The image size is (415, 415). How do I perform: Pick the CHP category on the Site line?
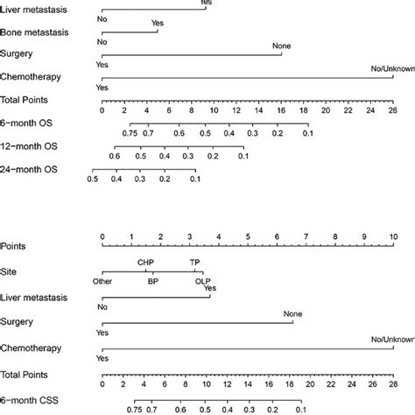[x=146, y=261]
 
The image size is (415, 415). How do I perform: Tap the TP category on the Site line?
[x=194, y=261]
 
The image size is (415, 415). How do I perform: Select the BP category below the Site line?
[x=152, y=282]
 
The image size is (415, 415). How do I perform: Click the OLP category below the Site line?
[x=203, y=282]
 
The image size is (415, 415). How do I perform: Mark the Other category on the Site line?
[x=102, y=282]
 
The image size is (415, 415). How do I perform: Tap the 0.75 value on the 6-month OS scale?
[x=130, y=133]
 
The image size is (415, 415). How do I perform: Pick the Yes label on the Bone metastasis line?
[x=157, y=22]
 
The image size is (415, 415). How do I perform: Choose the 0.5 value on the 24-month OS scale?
[x=93, y=179]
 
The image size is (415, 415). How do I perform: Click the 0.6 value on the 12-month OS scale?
[x=114, y=156]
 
